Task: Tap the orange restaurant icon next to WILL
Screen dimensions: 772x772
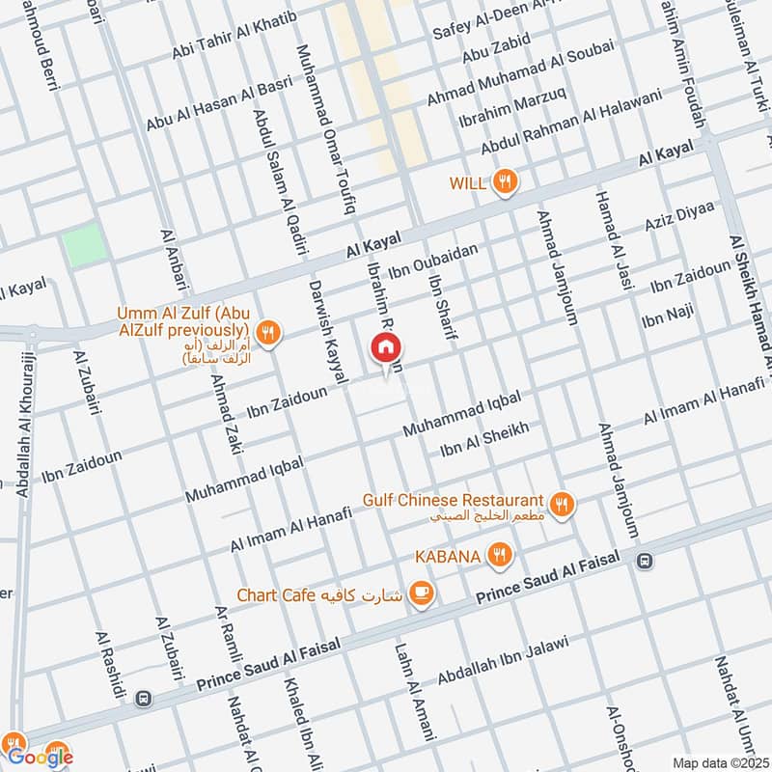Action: tap(504, 181)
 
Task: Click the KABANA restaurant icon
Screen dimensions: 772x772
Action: tap(499, 555)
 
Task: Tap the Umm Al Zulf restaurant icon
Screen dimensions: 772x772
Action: tap(268, 333)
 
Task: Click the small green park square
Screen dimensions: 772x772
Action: tap(85, 245)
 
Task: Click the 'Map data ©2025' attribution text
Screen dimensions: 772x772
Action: tap(720, 762)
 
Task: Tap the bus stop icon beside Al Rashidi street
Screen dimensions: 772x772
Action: tap(144, 697)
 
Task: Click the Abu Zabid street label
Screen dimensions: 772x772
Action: tap(496, 46)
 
